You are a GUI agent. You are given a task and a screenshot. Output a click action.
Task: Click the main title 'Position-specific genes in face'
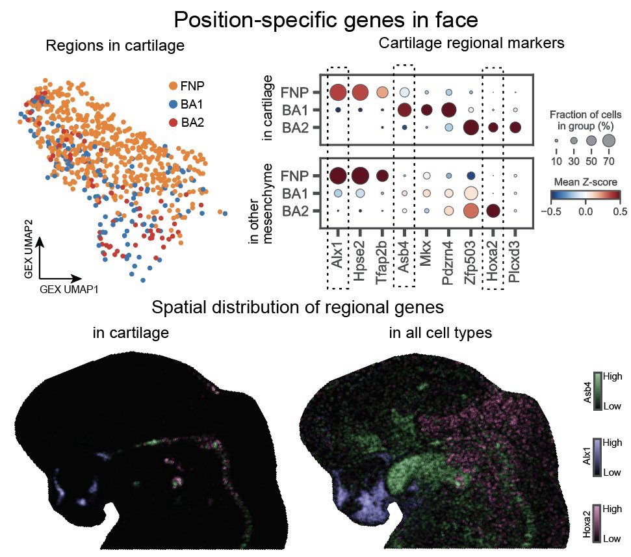326,20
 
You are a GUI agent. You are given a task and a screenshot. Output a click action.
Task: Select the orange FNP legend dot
173,86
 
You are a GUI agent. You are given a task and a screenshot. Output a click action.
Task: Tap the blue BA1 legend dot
173,104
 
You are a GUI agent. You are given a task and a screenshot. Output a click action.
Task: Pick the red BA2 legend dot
173,122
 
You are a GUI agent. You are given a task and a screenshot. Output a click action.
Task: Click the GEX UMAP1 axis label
69,289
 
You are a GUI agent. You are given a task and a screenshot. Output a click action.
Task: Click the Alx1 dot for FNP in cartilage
338,92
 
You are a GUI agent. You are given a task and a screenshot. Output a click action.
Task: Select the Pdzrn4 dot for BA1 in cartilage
448,110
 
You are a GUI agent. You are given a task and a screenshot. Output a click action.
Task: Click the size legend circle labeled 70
608,140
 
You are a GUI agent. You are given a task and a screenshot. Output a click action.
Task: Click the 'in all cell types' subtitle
440,333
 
